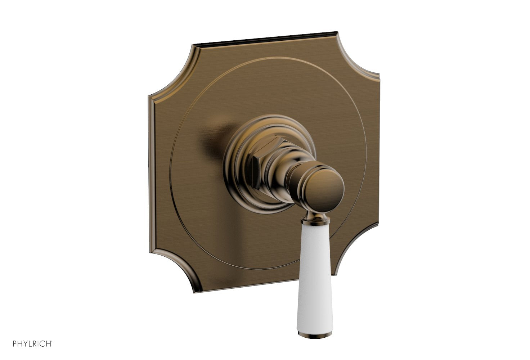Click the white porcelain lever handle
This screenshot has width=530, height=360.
point(313,274)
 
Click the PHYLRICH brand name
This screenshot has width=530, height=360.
point(32,344)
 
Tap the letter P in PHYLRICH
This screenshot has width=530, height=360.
point(15,344)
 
